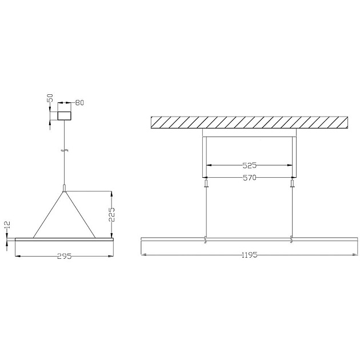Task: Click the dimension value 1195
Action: click(249, 255)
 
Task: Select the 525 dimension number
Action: click(249, 165)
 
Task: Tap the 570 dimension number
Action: click(249, 178)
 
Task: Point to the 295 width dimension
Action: click(64, 256)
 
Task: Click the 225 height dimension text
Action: click(111, 214)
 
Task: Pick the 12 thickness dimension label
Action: click(7, 225)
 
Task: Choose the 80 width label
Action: click(79, 103)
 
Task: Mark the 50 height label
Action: click(50, 98)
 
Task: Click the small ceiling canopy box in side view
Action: click(64, 115)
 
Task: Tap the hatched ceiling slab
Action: click(249, 122)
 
